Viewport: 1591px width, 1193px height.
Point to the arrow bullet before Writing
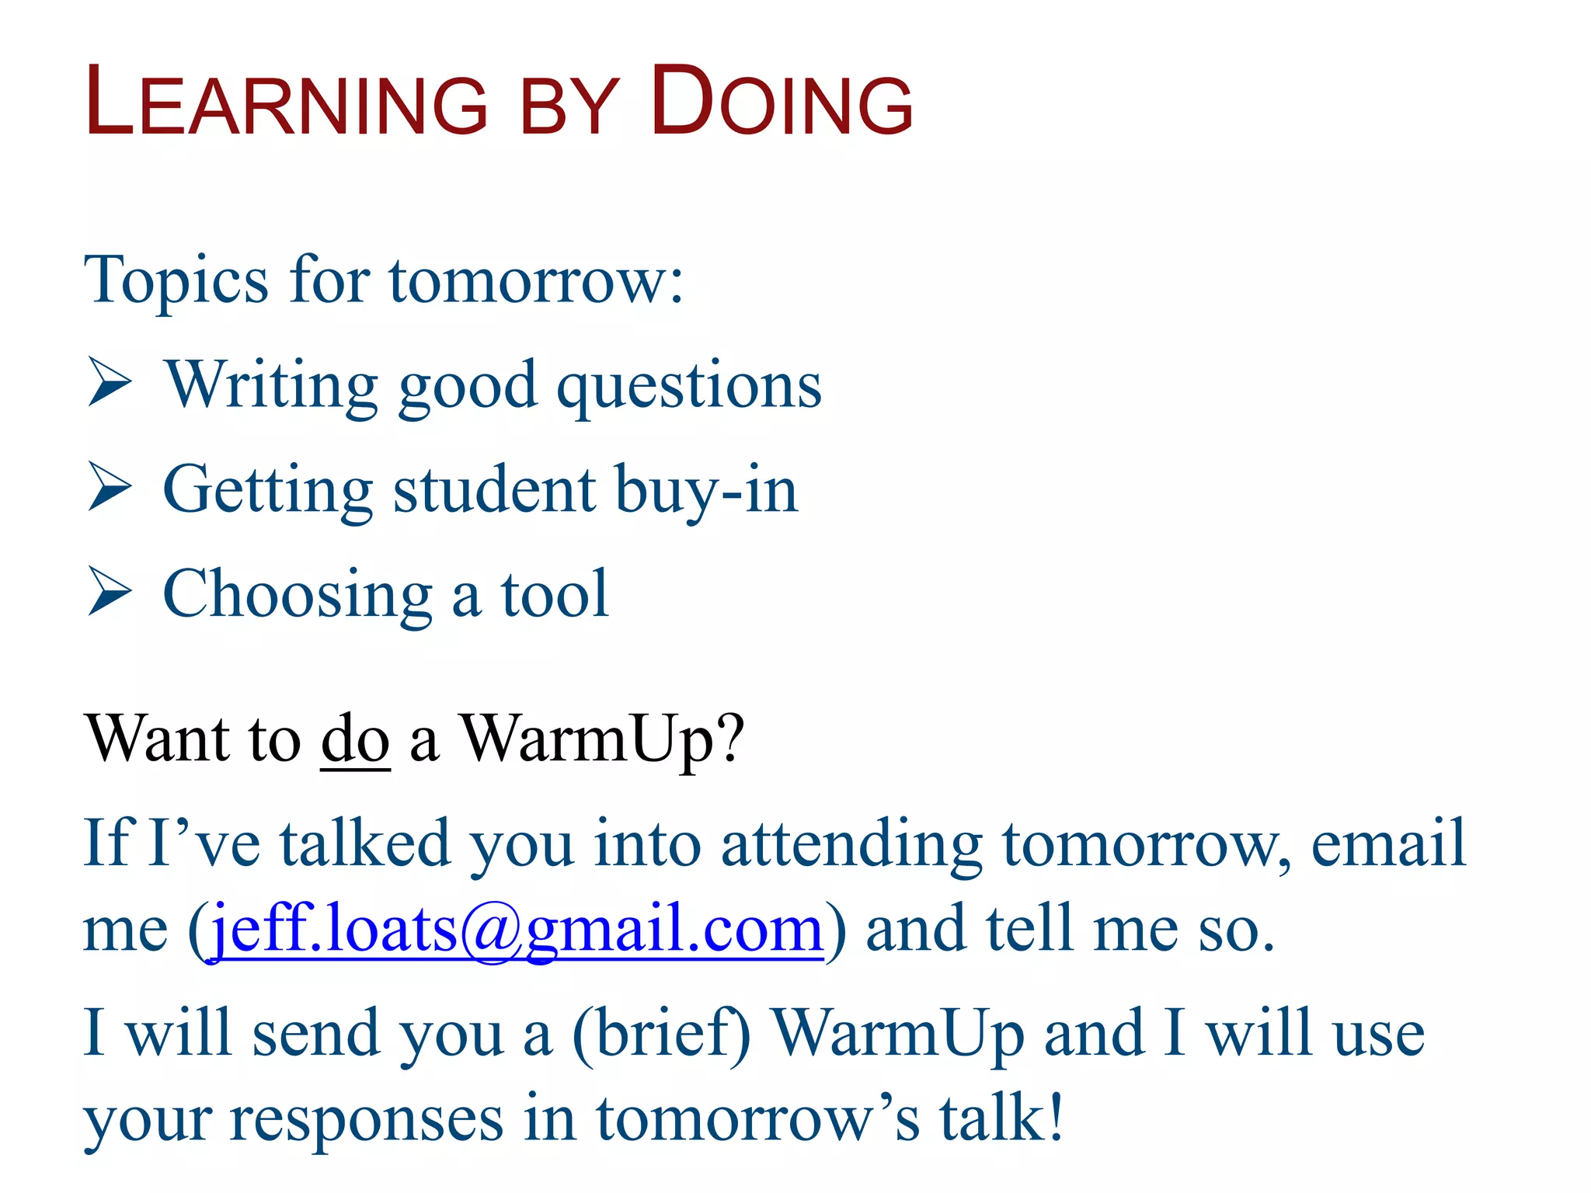tap(110, 382)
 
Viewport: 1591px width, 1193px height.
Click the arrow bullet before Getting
tap(110, 487)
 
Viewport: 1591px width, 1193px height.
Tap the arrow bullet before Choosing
tap(110, 592)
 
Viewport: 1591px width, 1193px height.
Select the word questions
tap(689, 386)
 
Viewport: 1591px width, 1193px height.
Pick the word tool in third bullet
tap(555, 594)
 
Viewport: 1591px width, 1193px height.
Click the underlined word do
tap(355, 739)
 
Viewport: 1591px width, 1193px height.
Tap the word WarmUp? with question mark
tap(602, 739)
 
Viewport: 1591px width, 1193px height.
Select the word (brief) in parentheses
tap(661, 1034)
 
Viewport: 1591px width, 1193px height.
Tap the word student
tap(494, 489)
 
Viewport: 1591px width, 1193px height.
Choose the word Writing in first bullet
tap(272, 386)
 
